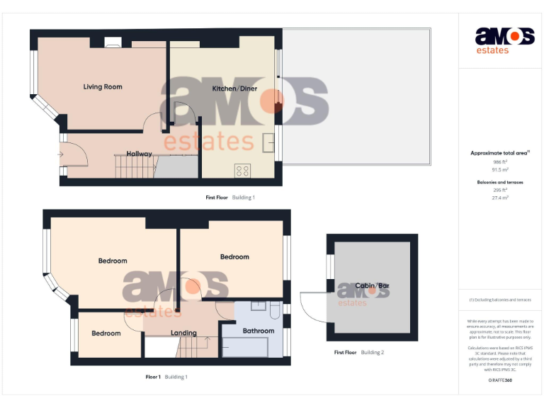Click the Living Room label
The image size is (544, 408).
pyautogui.click(x=103, y=87)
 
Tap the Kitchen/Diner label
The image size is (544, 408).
pyautogui.click(x=234, y=89)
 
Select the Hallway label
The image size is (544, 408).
pyautogui.click(x=139, y=154)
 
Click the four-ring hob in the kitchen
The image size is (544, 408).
pyautogui.click(x=242, y=170)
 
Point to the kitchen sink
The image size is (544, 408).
pyautogui.click(x=269, y=142)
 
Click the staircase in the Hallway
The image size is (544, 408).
pyautogui.click(x=134, y=167)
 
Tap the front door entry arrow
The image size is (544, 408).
pyautogui.click(x=60, y=154)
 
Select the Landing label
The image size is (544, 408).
pyautogui.click(x=183, y=333)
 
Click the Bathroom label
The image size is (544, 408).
pyautogui.click(x=258, y=331)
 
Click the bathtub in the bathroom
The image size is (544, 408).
pyautogui.click(x=245, y=348)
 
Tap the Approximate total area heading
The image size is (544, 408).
pyautogui.click(x=500, y=153)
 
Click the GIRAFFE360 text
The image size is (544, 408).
pyautogui.click(x=500, y=380)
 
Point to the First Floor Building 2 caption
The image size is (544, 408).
pyautogui.click(x=359, y=352)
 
